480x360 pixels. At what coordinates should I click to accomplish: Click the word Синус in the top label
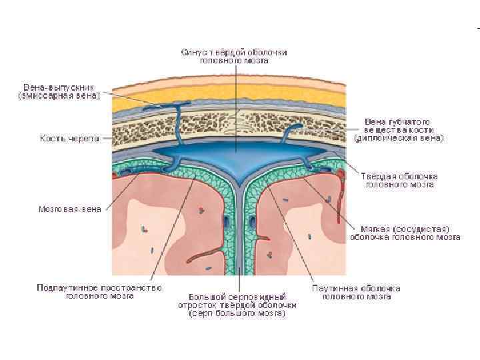(194, 52)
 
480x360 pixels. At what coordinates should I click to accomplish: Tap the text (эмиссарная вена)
(59, 96)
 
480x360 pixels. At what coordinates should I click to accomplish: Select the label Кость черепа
(69, 139)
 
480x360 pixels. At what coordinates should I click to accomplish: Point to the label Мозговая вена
(69, 209)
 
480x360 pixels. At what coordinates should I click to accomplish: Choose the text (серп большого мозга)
(237, 313)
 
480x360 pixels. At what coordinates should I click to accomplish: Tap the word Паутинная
(334, 288)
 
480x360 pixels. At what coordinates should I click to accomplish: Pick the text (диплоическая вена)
(399, 138)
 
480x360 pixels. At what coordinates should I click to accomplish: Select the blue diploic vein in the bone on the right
(285, 136)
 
